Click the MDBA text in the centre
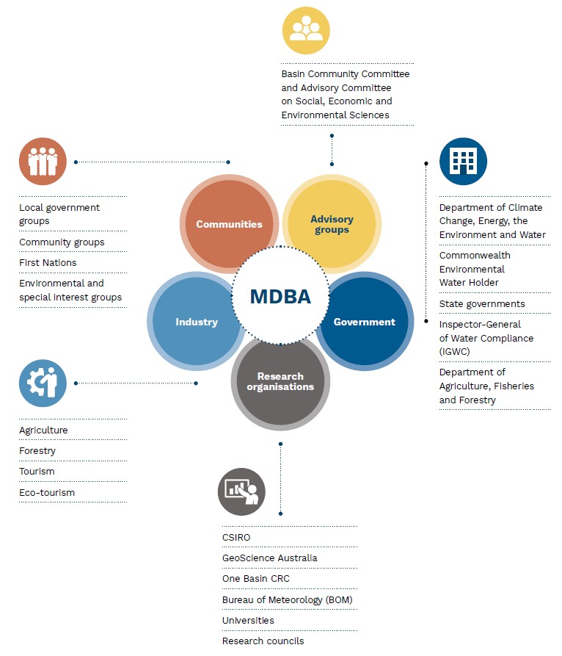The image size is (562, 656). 280,297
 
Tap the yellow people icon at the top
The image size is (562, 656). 306,30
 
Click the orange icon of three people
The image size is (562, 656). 43,162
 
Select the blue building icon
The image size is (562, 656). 464,162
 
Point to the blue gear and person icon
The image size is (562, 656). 43,383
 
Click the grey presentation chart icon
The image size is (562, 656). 241,491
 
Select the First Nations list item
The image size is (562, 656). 48,263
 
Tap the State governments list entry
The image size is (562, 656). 482,304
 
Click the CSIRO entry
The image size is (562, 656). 236,537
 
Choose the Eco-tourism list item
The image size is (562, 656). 47,492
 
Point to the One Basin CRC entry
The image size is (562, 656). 256,579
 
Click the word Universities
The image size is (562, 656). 248,621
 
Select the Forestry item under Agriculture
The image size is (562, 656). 37,451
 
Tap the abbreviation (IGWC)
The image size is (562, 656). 455,351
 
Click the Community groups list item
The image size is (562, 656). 62,242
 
